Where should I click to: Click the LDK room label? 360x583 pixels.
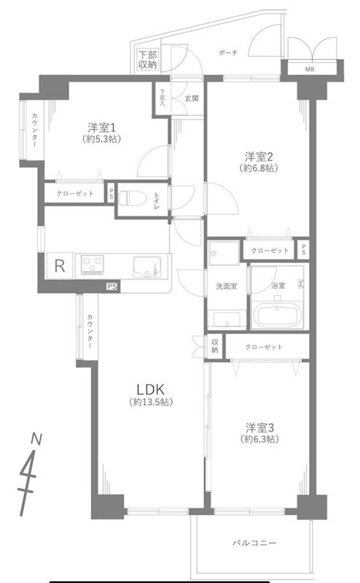pyautogui.click(x=150, y=386)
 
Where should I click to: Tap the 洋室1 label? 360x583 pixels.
pyautogui.click(x=101, y=125)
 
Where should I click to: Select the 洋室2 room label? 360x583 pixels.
pyautogui.click(x=259, y=155)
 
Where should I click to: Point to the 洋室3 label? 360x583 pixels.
pyautogui.click(x=259, y=427)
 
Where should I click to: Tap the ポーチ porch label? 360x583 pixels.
pyautogui.click(x=227, y=53)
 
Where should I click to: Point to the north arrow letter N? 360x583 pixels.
pyautogui.click(x=34, y=439)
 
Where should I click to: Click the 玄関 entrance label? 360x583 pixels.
pyautogui.click(x=191, y=98)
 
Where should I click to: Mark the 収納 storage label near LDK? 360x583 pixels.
pyautogui.click(x=215, y=346)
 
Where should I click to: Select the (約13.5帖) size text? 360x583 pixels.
pyautogui.click(x=150, y=402)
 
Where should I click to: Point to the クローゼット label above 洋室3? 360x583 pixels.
pyautogui.click(x=264, y=347)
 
